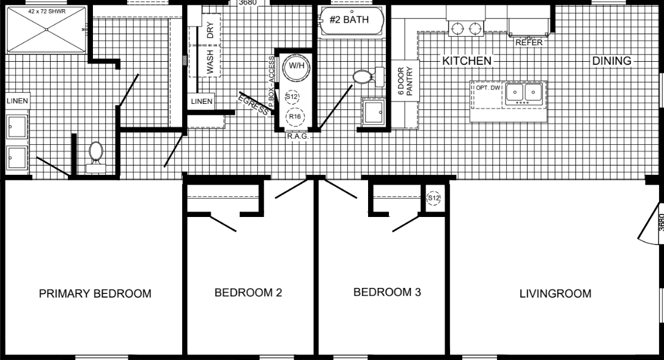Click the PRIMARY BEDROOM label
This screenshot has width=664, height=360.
[95, 294]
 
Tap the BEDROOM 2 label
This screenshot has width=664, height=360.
[248, 293]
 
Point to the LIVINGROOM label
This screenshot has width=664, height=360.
[555, 294]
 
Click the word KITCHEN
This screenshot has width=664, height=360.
[467, 61]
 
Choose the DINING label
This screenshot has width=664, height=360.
[611, 61]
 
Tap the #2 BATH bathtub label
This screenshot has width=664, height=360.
[349, 20]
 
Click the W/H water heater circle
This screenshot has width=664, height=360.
[296, 66]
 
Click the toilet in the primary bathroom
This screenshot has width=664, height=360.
[95, 153]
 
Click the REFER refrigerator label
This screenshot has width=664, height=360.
[529, 43]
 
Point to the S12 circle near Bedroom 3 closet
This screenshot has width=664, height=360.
[433, 198]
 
